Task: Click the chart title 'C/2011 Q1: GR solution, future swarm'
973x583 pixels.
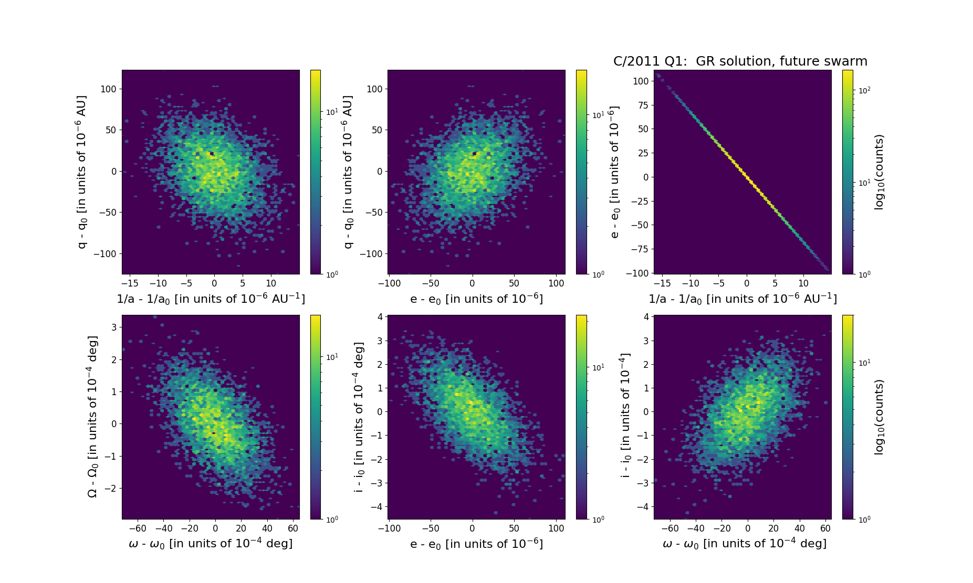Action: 740,61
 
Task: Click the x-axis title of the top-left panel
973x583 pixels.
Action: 211,299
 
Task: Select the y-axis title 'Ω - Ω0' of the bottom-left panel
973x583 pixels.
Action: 92,417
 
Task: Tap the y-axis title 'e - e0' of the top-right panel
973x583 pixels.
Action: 615,172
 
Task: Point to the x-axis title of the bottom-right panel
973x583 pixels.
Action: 744,544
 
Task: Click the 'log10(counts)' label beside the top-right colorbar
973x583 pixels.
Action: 879,172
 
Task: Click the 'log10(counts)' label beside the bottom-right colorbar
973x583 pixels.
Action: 879,417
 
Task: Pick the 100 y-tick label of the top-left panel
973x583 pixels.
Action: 108,89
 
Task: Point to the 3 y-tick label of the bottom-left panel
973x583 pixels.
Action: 113,327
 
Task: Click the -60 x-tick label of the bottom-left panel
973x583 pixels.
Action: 138,528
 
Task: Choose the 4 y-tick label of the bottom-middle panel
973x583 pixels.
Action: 379,317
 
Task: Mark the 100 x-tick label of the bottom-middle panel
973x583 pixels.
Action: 556,528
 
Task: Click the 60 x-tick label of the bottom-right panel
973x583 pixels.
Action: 825,528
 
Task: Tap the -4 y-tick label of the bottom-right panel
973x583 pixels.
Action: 642,507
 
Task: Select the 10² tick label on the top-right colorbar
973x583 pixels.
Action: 864,90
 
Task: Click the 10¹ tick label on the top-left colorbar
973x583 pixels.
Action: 332,112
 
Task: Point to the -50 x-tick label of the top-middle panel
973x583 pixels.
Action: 431,283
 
